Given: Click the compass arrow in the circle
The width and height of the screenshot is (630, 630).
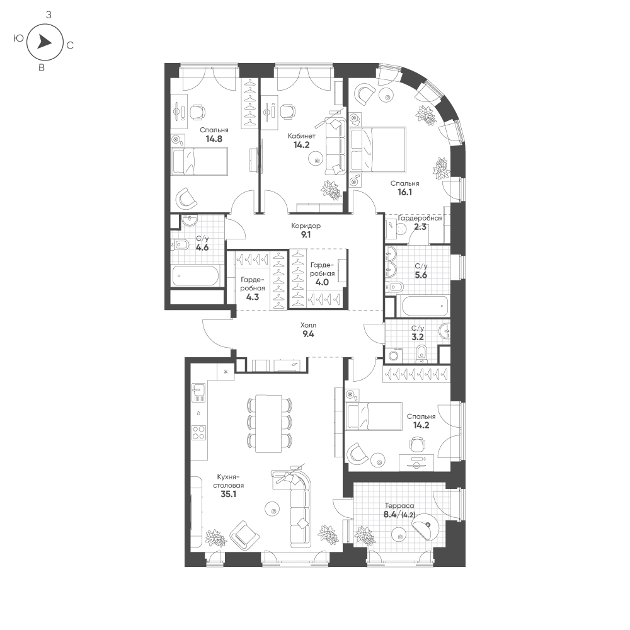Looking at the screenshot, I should coord(44,42).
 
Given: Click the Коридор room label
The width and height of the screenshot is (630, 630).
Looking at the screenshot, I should coord(306,226).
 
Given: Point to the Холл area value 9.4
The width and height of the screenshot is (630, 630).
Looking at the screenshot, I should coord(308,335).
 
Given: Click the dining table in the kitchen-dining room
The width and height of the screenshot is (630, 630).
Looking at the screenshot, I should coord(269,423).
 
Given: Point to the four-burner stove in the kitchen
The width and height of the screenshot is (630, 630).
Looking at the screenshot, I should coord(199,433).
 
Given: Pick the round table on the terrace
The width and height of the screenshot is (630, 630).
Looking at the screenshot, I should coord(399,536).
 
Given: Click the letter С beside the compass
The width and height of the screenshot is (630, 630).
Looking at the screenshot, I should coord(70,45).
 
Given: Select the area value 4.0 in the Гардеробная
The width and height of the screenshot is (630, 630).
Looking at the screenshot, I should coord(321,282).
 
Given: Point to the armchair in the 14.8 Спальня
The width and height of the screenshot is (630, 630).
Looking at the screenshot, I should coord(187,199).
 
